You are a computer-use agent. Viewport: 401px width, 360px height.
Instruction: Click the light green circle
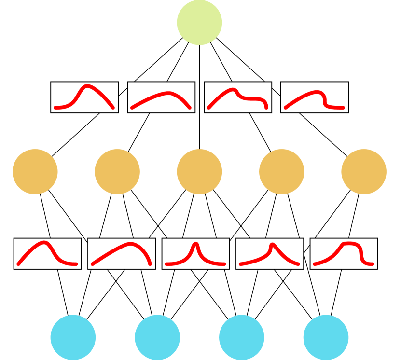coord(199,23)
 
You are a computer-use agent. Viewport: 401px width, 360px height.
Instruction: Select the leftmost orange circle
coord(35,172)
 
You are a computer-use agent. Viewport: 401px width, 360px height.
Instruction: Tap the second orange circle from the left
coord(117,172)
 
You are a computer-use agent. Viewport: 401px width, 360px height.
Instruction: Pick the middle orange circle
coord(199,172)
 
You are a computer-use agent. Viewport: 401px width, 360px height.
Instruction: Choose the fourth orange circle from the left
coord(282,172)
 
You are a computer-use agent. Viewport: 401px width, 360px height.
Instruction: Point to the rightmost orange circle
coord(364,172)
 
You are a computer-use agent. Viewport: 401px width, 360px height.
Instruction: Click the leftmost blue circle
coord(73,337)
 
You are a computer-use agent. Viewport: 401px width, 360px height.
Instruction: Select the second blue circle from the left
coord(157,337)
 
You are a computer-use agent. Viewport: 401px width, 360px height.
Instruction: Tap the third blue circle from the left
coord(242,337)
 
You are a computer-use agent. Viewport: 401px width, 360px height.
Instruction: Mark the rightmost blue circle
coord(326,337)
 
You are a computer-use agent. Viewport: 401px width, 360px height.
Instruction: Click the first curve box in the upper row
coord(84,97)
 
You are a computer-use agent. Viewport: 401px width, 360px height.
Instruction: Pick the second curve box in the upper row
coord(161,97)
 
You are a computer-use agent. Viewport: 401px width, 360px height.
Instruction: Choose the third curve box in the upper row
coord(238,97)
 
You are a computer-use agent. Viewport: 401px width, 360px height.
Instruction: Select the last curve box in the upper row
coord(314,97)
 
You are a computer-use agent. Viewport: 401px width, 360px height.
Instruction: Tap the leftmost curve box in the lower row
coord(47,253)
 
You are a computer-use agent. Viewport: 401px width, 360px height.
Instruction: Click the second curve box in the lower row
coord(122,253)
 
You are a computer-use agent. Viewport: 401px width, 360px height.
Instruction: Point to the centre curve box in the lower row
coord(195,253)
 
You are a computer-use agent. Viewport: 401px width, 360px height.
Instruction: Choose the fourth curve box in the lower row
coord(270,253)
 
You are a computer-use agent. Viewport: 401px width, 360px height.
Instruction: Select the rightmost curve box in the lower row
coord(344,253)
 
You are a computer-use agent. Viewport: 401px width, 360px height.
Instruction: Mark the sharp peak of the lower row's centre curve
coord(196,244)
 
